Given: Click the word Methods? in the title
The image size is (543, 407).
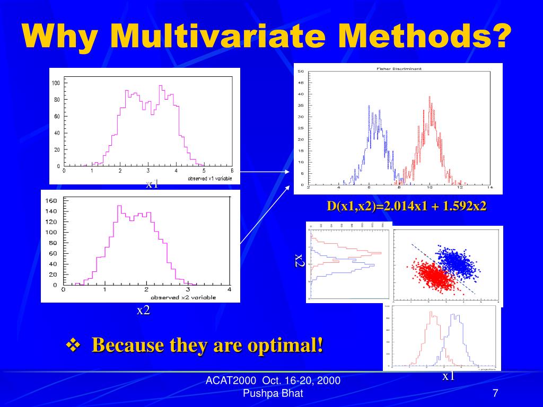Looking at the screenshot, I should click(425, 36).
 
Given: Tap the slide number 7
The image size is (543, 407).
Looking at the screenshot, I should click(495, 393).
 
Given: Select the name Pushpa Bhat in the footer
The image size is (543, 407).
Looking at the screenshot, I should click(273, 393).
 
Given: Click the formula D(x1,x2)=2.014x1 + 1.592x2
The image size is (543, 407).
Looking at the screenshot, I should click(407, 206).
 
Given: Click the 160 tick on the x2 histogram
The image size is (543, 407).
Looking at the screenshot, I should click(51, 201).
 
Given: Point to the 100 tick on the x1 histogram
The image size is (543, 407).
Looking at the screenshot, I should click(56, 83).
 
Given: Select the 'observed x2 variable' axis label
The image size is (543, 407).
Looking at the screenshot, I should click(190, 297).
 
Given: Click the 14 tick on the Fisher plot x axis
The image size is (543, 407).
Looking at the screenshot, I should click(491, 189).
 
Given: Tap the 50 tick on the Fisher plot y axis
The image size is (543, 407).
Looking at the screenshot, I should click(301, 72).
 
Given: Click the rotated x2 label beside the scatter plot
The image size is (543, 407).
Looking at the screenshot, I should click(300, 261).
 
